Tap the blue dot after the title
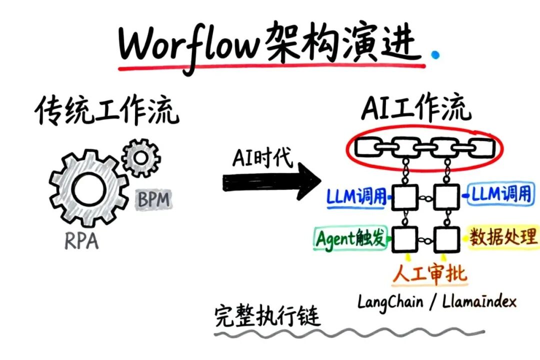[x=436, y=54]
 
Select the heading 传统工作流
[x=106, y=111]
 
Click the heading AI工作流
[x=416, y=109]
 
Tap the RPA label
[x=81, y=242]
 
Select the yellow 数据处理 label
[x=503, y=237]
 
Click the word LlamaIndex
[x=479, y=301]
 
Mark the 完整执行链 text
[x=267, y=316]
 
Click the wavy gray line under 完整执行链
[x=350, y=332]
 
